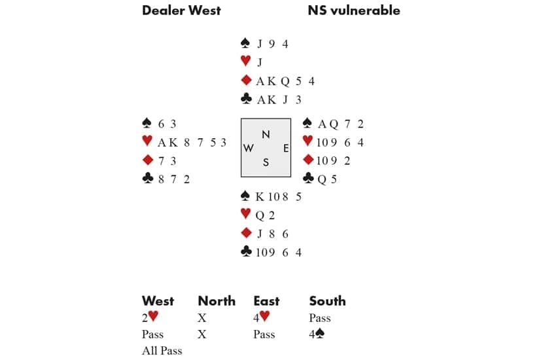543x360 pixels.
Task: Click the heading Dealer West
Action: tap(181, 10)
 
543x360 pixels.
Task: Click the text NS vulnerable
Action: tap(353, 10)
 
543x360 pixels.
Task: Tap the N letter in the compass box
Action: tap(266, 135)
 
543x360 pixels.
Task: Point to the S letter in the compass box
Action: tap(266, 163)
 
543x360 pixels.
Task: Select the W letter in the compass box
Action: tap(249, 149)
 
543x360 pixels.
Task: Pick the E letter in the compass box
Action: tap(286, 149)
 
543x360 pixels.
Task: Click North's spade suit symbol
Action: tap(246, 44)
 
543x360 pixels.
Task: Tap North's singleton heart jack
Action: tap(260, 63)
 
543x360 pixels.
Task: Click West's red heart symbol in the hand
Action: tap(147, 142)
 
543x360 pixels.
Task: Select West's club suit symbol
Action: tap(147, 179)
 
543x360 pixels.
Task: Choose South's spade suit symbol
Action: tap(246, 196)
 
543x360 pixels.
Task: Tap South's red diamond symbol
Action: tap(246, 233)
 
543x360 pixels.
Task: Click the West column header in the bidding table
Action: tap(158, 301)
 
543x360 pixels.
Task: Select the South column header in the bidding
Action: tap(327, 301)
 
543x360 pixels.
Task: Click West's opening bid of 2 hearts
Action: tap(150, 318)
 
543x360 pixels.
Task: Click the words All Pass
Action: tap(162, 351)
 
